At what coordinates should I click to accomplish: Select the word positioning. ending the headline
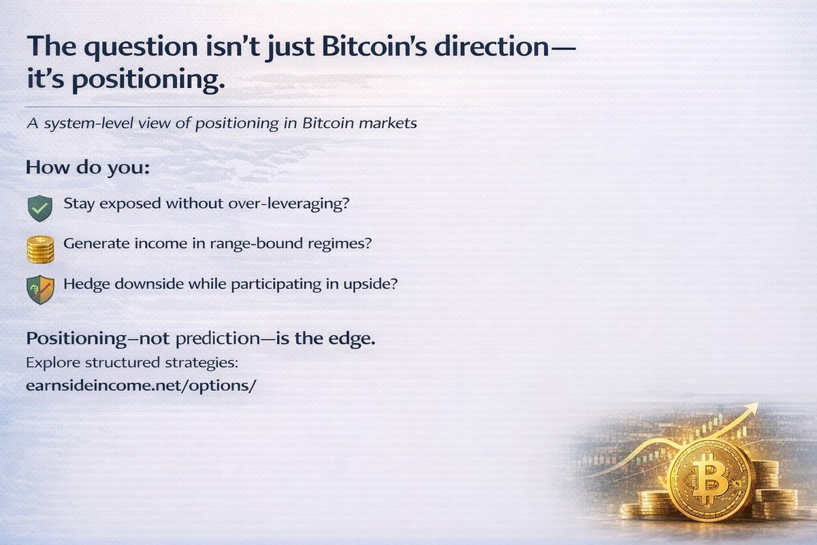point(148,79)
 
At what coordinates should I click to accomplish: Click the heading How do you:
point(88,168)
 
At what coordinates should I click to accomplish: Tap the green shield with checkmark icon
point(40,208)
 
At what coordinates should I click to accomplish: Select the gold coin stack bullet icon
point(40,250)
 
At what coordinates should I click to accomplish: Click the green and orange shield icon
point(40,290)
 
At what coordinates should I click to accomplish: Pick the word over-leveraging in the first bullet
point(289,204)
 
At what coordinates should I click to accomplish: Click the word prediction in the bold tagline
point(218,339)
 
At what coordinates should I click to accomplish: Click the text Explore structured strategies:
point(132,363)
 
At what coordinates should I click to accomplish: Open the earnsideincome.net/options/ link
point(141,386)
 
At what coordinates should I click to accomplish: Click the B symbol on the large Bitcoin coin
point(709,478)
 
